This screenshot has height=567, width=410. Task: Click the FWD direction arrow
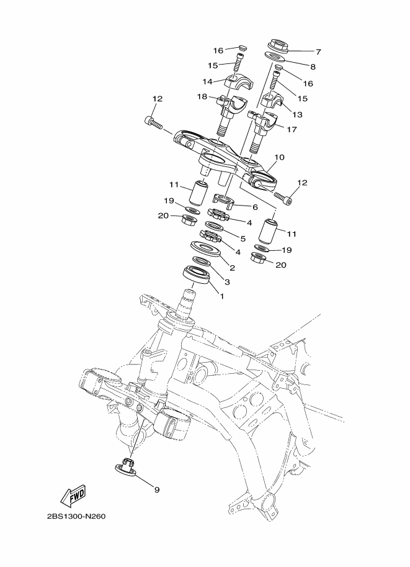point(73,496)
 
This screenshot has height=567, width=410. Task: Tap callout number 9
point(156,489)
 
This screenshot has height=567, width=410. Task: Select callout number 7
point(318,52)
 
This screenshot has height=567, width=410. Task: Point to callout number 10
point(279,158)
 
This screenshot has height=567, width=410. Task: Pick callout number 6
point(254,206)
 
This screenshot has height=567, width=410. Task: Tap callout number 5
point(243,238)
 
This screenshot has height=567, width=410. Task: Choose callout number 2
point(232,268)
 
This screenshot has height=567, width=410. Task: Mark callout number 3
point(227,282)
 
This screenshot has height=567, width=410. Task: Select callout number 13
point(297,114)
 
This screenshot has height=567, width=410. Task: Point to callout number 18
point(202,96)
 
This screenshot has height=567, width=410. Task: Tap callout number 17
point(292,130)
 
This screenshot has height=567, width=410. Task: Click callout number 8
point(313,66)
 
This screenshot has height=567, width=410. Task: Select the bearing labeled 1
point(195,273)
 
